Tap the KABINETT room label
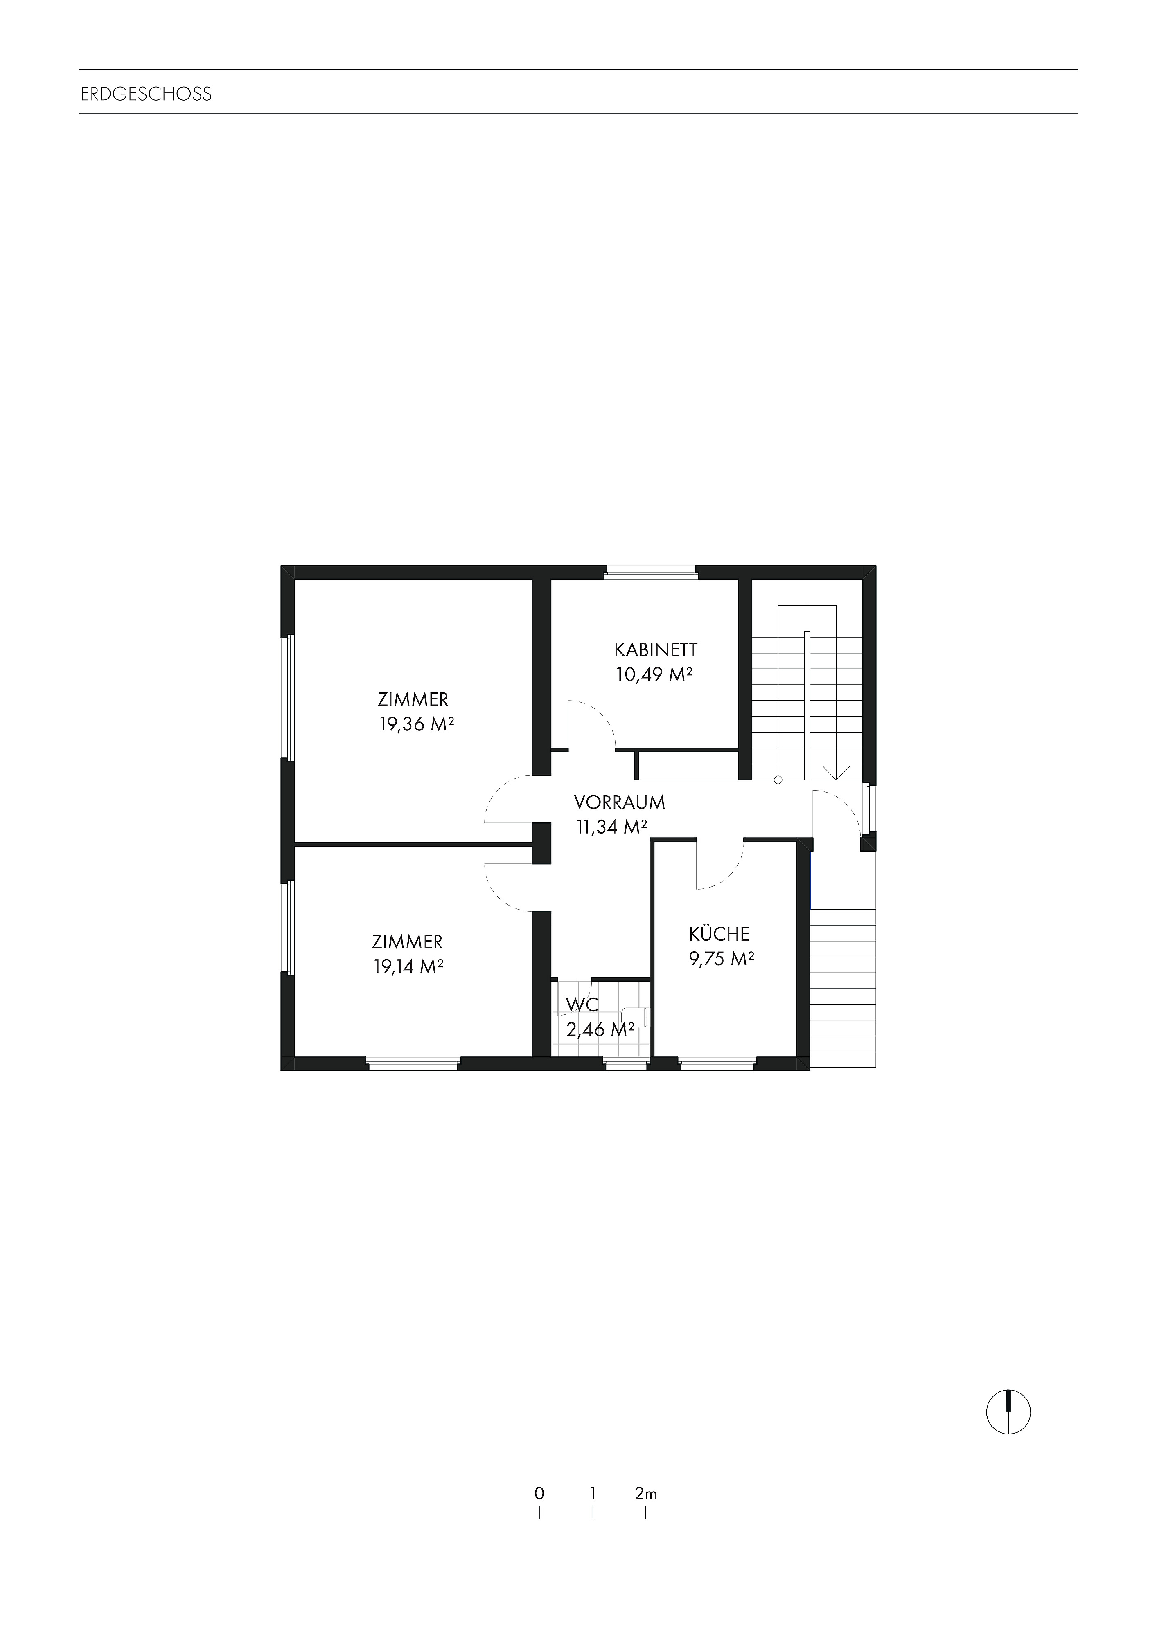tap(655, 650)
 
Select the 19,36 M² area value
tap(417, 725)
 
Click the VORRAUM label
tap(620, 802)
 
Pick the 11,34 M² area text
tap(611, 827)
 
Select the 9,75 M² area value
tap(721, 959)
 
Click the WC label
tap(582, 1005)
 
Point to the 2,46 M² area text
tap(600, 1029)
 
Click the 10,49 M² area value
tap(654, 675)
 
